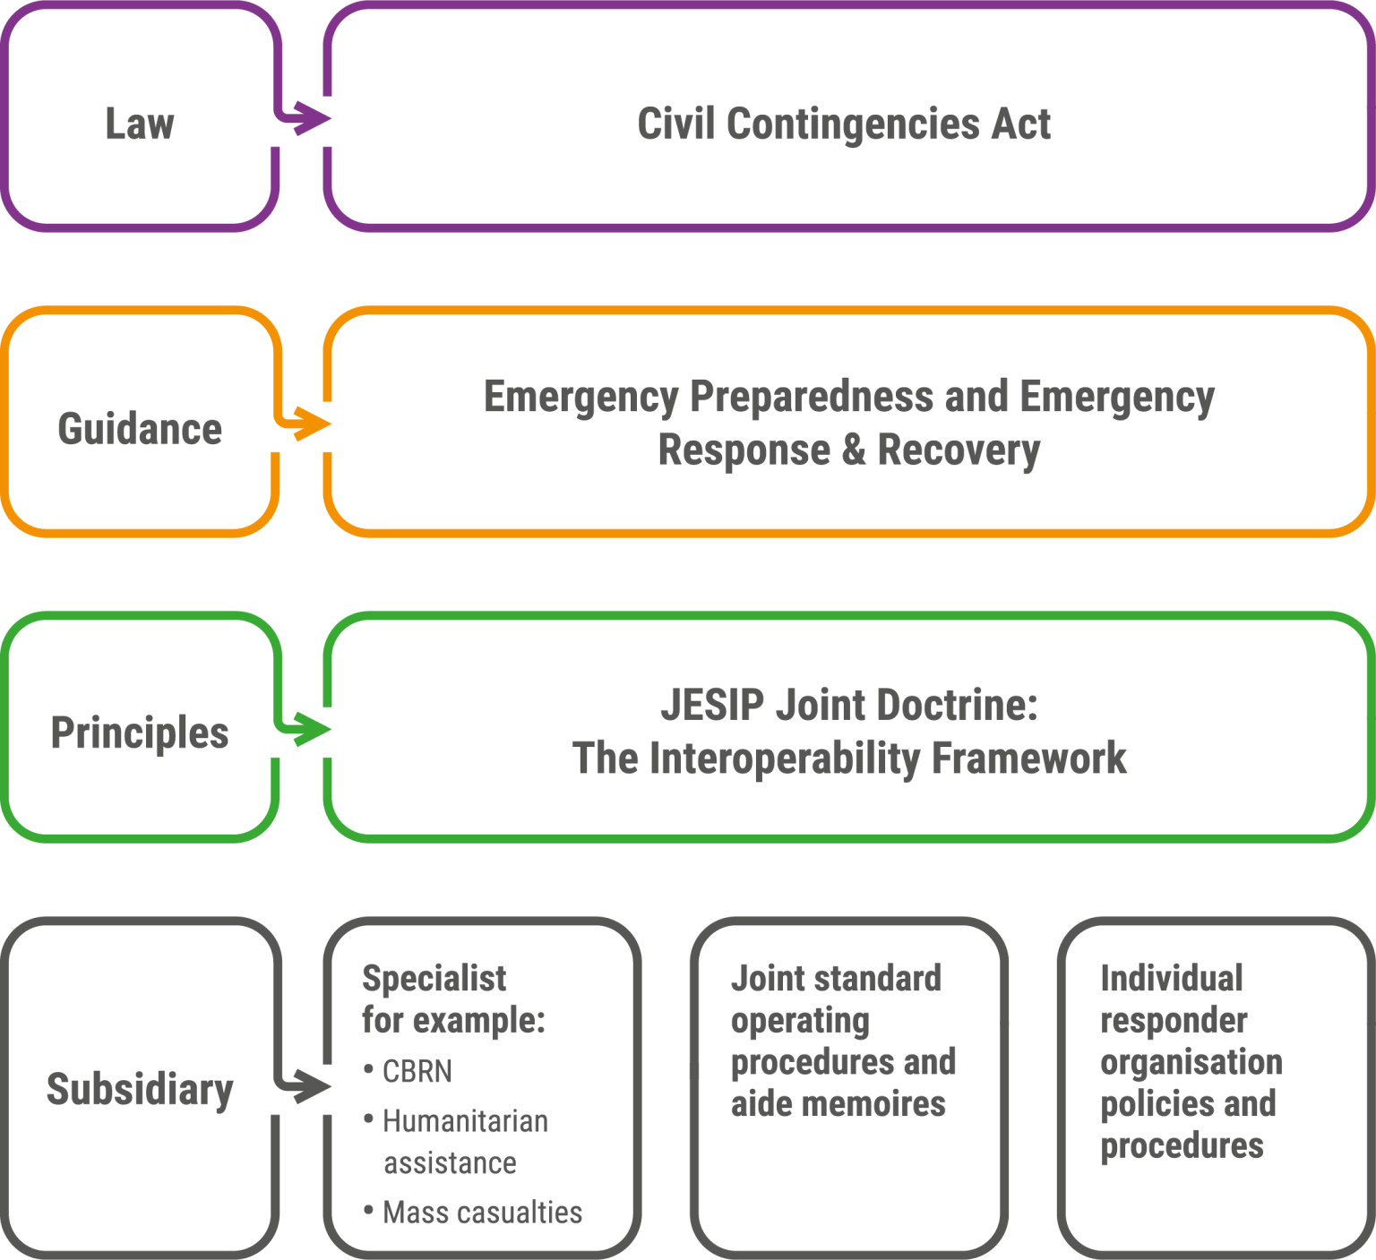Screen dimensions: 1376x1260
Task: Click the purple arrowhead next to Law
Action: click(x=312, y=117)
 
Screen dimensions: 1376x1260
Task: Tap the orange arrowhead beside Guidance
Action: click(x=312, y=424)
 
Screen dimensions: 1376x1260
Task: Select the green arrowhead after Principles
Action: click(x=312, y=729)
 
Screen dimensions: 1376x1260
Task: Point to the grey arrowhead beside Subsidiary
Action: click(x=312, y=1086)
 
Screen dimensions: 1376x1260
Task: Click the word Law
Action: click(x=140, y=124)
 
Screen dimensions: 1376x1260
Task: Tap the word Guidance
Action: click(x=140, y=429)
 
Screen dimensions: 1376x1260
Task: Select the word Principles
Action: click(x=140, y=733)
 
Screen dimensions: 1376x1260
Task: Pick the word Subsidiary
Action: click(x=140, y=1090)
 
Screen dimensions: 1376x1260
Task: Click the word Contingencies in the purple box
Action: click(x=854, y=124)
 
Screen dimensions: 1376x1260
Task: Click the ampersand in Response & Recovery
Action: click(x=854, y=450)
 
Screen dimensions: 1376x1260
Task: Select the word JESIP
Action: click(x=712, y=705)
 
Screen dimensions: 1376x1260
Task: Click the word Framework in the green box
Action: click(x=1029, y=758)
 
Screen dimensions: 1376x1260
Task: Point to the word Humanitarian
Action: click(x=465, y=1121)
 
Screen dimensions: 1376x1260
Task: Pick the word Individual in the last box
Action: click(x=1172, y=978)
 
